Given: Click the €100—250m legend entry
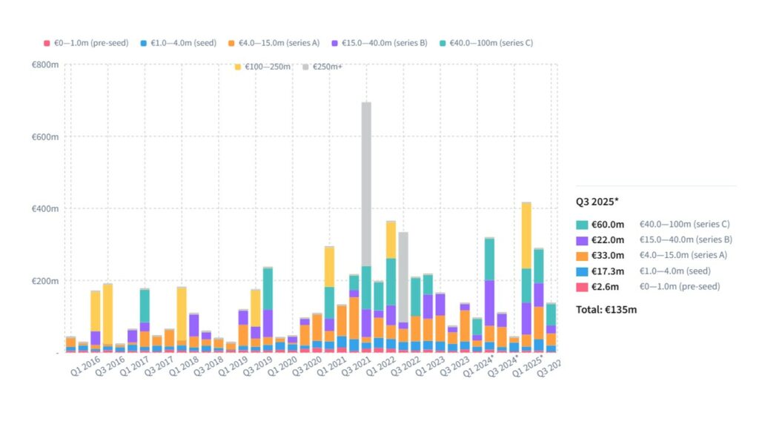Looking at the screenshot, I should point(263,67).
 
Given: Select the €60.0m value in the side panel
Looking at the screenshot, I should point(611,224).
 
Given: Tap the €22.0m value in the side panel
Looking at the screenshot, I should point(611,239).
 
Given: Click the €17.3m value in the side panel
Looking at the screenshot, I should point(611,271).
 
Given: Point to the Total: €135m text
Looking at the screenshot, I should point(606,309).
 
